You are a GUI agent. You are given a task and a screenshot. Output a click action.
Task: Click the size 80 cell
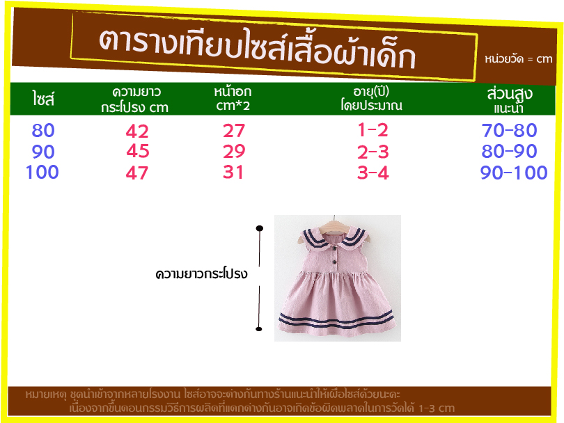click(43, 130)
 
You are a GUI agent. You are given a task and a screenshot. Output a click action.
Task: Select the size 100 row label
click(42, 172)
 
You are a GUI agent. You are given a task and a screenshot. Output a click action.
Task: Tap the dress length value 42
click(137, 131)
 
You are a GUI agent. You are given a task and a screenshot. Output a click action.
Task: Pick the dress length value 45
click(138, 151)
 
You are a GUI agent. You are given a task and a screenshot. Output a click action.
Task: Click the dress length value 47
click(137, 173)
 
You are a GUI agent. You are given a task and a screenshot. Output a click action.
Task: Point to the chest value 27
click(234, 131)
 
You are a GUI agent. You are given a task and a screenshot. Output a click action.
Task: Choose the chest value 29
click(234, 151)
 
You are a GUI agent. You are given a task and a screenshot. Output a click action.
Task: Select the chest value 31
click(233, 172)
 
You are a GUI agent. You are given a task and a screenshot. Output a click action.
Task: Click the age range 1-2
click(373, 130)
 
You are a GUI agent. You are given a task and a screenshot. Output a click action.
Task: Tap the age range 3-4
click(373, 173)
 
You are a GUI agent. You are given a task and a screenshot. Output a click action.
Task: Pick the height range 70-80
click(509, 130)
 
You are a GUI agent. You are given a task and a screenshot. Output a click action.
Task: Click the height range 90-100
click(514, 173)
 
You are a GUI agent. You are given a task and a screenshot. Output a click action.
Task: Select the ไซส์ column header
click(43, 99)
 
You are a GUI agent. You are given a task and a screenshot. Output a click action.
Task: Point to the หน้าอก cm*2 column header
click(233, 98)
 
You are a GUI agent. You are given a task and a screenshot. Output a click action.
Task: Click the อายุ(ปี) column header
click(372, 98)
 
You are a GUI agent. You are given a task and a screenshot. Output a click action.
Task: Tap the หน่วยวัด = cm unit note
click(518, 58)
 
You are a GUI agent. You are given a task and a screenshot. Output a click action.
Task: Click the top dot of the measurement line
click(259, 228)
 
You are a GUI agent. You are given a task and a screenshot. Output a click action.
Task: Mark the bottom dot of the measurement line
click(259, 329)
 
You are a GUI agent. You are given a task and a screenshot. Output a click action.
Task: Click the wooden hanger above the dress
click(335, 225)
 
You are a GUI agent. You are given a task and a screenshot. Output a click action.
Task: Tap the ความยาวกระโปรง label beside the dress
click(201, 274)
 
